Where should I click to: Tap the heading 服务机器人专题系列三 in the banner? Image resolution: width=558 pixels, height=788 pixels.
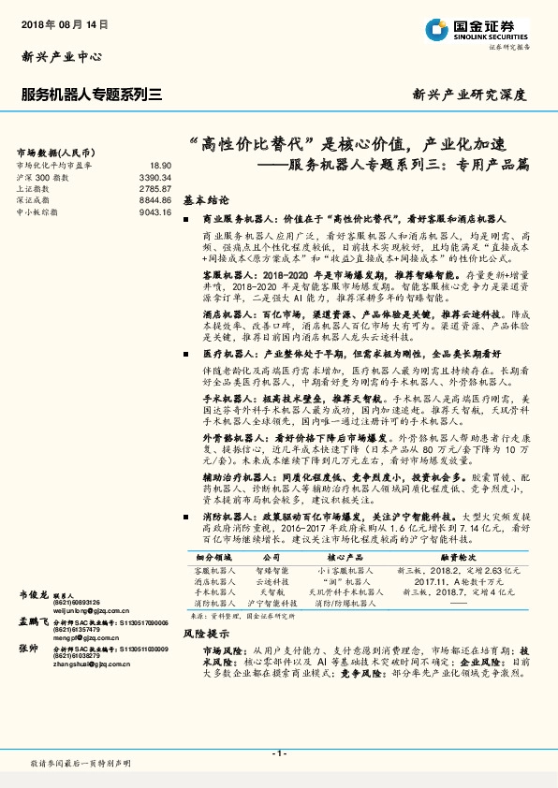(x=92, y=94)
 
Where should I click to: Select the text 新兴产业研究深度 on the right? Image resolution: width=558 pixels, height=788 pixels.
(x=469, y=95)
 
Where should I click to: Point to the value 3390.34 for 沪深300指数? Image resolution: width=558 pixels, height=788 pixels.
(x=155, y=176)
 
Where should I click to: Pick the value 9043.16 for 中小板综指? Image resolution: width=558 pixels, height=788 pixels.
(x=155, y=212)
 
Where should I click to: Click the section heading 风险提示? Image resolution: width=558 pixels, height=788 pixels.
(x=200, y=634)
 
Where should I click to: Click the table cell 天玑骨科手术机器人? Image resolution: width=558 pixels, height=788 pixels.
(x=346, y=591)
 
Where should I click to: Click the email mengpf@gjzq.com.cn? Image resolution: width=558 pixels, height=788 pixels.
(x=79, y=638)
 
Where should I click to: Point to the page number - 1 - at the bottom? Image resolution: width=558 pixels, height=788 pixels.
(x=279, y=753)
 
